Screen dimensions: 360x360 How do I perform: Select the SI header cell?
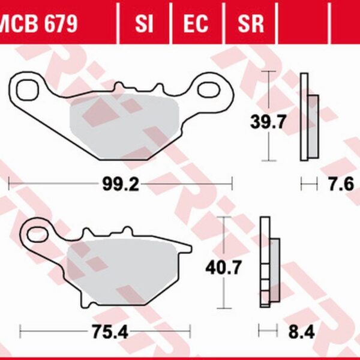(x=144, y=23)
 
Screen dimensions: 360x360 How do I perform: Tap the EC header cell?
(x=196, y=23)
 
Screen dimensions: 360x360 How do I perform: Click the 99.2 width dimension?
(x=119, y=184)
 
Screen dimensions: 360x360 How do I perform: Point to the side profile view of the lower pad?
(x=268, y=263)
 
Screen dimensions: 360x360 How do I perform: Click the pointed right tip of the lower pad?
(x=190, y=247)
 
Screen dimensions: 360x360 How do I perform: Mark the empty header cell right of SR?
(x=303, y=23)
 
